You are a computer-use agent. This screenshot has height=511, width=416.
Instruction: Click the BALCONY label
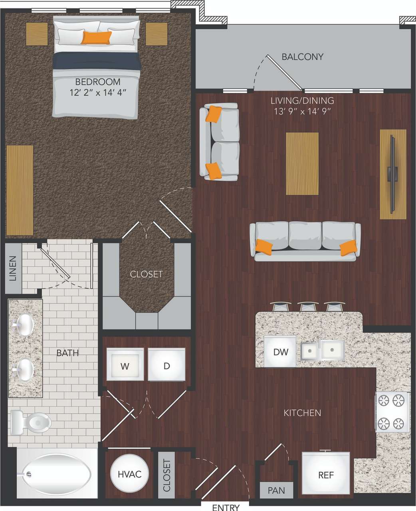(302, 57)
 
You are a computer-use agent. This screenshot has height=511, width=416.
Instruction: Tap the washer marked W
(125, 365)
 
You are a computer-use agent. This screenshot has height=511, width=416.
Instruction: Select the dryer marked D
(167, 365)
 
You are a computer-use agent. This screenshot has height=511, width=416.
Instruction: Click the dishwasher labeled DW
(280, 352)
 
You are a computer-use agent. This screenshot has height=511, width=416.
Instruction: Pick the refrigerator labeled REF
(326, 475)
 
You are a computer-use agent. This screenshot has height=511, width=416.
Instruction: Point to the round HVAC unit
(129, 474)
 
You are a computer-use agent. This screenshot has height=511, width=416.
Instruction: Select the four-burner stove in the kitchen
(392, 412)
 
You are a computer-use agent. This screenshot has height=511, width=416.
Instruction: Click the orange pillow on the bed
(96, 38)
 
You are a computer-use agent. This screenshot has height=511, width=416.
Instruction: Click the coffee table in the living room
(302, 164)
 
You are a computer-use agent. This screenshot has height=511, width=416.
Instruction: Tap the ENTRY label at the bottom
(226, 507)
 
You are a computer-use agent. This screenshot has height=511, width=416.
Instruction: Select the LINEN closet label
(13, 268)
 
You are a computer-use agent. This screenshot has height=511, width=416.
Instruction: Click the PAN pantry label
(276, 489)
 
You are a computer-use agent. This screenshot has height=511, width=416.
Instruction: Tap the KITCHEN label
(302, 412)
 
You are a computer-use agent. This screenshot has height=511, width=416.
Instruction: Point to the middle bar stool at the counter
(308, 307)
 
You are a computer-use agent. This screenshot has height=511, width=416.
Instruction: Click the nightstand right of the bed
(156, 34)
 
